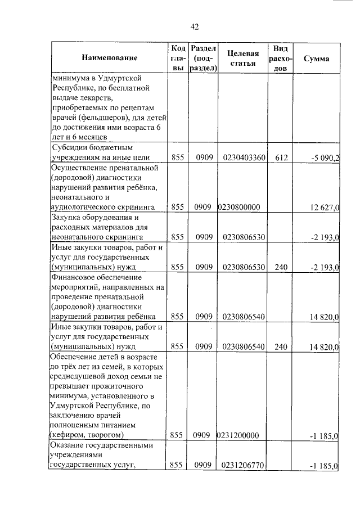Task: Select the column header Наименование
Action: (x=109, y=58)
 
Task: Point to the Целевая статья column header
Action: (x=243, y=58)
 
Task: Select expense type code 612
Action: (x=282, y=158)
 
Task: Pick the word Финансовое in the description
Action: (x=73, y=277)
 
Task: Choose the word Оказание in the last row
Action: (x=68, y=445)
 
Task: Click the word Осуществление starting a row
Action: (x=79, y=168)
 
